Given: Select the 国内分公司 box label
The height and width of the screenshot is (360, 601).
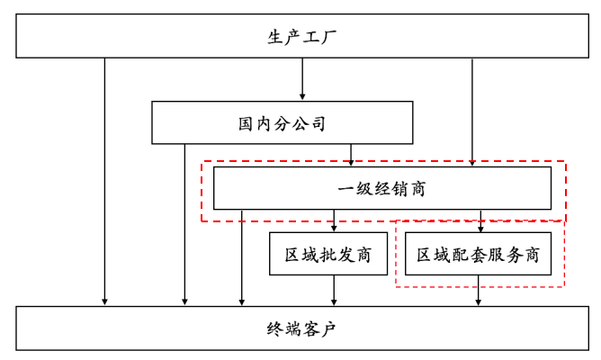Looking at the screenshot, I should [282, 123].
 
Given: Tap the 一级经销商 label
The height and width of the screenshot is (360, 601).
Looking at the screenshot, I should [381, 189].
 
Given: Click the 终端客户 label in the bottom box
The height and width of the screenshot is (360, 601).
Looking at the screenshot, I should [301, 328].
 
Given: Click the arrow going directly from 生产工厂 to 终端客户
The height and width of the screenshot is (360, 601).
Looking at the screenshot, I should [105, 180].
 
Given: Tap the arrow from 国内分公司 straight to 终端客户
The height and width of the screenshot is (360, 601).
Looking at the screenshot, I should [185, 225].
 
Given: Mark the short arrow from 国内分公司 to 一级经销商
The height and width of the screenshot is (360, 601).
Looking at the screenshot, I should [352, 155].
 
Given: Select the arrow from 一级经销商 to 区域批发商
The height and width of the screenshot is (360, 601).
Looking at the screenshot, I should [334, 221].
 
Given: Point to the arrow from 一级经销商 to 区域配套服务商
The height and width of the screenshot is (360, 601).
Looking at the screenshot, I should [480, 221].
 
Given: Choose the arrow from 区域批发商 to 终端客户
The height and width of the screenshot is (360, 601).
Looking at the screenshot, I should [334, 290].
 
